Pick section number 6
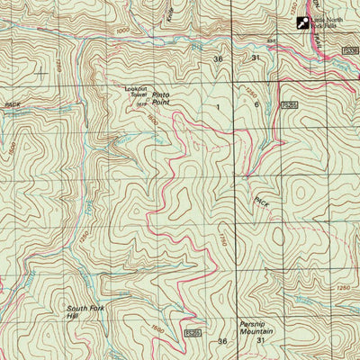256,104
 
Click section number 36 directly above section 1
217,58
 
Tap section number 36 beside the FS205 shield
222,341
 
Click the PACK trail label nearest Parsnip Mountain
261,203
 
